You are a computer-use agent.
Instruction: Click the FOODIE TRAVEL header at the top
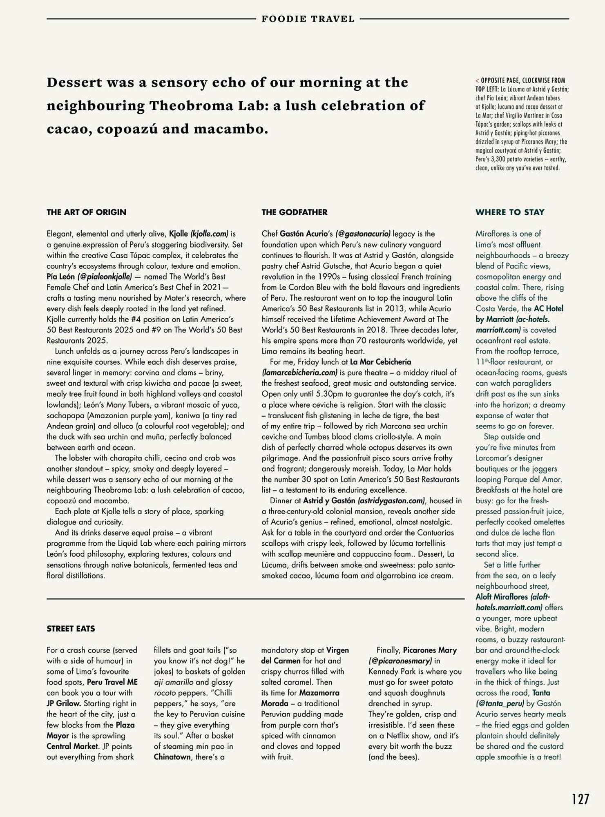(308, 19)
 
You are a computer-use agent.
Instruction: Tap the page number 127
(580, 799)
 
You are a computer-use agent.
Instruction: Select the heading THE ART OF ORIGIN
(86, 212)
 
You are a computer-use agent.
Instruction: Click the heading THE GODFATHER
(294, 212)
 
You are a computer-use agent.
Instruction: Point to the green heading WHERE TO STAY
(509, 212)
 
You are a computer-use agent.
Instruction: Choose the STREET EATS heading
(71, 629)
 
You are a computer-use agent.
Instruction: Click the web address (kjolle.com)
(209, 234)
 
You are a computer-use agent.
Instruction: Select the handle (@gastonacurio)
(363, 234)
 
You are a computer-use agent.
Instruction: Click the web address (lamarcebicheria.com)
(299, 373)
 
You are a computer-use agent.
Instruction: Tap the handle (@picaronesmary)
(400, 661)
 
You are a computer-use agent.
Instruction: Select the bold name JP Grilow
(63, 703)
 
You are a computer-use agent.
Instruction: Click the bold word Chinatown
(172, 757)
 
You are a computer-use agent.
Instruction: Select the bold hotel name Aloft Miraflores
(507, 597)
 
